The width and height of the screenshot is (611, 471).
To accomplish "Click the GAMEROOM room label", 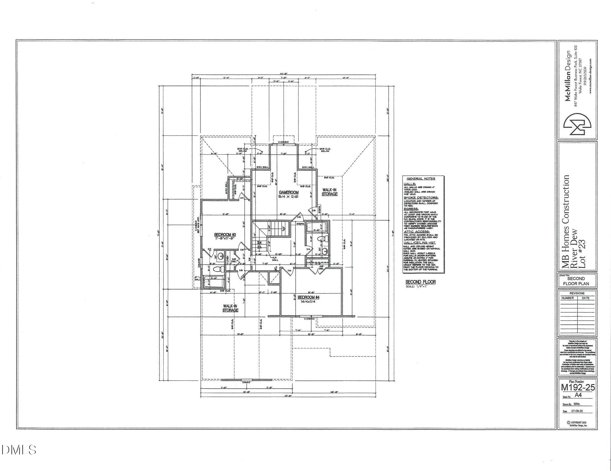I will [289, 192].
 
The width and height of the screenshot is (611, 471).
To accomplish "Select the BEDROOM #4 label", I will [308, 297].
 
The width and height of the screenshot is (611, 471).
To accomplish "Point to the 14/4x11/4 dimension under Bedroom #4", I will [308, 302].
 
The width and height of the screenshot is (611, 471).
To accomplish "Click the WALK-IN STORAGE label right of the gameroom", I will [329, 191].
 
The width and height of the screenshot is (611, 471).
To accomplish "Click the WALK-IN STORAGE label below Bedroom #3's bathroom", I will [231, 308].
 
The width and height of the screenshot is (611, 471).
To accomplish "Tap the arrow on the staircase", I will [283, 229].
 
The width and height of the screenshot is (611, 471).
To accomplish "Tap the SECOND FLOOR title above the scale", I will [421, 282].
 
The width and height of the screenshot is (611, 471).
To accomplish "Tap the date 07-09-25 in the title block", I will [577, 411].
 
